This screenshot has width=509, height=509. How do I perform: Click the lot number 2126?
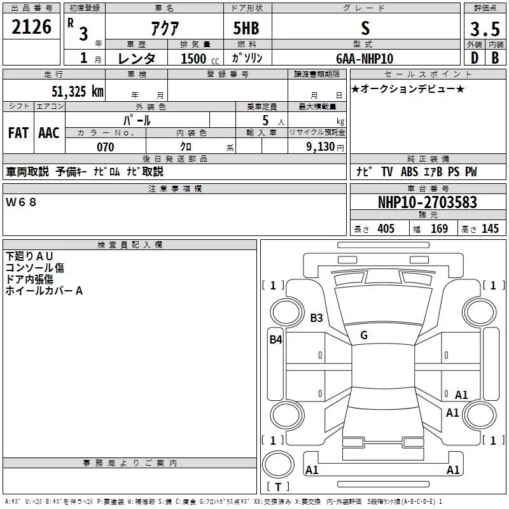(x=31, y=27)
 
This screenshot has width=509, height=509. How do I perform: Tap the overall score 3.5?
(x=485, y=29)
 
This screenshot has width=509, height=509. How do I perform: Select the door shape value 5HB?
(x=246, y=28)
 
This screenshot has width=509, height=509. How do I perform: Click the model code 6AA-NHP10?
(x=365, y=59)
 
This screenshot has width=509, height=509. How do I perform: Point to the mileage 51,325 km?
(x=78, y=92)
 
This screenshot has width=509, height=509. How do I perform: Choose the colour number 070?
(x=106, y=147)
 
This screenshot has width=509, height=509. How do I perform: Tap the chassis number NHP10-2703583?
(x=428, y=202)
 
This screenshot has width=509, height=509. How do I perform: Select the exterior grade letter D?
(x=475, y=58)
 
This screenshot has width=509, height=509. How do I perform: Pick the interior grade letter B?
(x=495, y=58)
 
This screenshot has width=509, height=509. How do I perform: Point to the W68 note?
(x=21, y=202)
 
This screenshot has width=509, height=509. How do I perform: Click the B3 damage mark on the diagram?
(x=316, y=317)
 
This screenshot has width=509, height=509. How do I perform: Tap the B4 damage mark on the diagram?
(x=275, y=340)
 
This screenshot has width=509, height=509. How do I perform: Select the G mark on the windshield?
(x=364, y=335)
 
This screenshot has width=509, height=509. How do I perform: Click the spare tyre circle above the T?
(x=278, y=464)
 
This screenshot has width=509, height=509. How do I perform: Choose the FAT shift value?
(x=18, y=133)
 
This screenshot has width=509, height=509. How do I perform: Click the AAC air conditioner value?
(x=49, y=133)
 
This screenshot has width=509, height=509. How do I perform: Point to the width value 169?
(x=439, y=228)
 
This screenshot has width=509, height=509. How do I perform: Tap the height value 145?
(x=490, y=228)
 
